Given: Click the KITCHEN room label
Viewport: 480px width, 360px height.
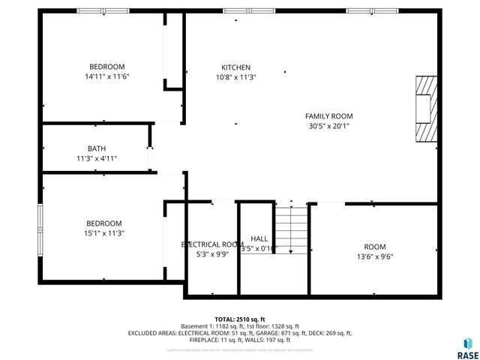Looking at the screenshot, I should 235,67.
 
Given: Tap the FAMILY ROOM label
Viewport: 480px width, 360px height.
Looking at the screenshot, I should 328,116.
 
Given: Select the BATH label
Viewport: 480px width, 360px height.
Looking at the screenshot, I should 97,148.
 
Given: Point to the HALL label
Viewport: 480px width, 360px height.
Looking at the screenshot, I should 259,238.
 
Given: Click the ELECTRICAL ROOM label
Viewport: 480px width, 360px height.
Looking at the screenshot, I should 212,244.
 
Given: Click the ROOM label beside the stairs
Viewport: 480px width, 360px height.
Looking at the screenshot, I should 375,247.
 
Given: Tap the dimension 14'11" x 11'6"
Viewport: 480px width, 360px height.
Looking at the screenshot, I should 107,76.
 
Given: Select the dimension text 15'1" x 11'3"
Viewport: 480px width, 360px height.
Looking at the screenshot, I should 103,233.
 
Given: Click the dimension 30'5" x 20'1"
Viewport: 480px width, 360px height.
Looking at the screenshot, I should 328,126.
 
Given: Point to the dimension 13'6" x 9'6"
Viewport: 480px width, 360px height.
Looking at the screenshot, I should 374,256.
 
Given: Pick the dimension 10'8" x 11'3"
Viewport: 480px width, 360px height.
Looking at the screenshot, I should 235,77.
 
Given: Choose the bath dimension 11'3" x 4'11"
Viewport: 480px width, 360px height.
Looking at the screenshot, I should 97,158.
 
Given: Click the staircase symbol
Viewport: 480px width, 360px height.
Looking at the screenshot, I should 290,229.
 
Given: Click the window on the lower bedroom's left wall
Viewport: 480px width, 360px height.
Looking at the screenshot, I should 41,224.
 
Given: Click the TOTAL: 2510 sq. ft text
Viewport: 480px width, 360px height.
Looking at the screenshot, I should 239,319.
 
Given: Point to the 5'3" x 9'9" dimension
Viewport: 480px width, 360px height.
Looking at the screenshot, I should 212,254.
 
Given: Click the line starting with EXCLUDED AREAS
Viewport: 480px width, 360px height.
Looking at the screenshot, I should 239,333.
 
